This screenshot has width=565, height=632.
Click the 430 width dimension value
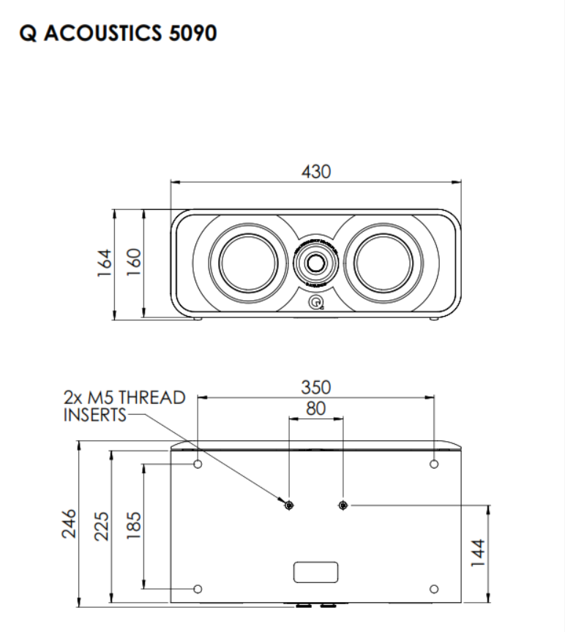(x=316, y=171)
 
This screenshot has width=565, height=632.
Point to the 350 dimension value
(x=316, y=386)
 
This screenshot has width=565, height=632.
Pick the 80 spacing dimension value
(x=315, y=409)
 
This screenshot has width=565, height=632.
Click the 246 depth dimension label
(x=69, y=524)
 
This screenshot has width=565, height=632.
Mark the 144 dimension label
(x=476, y=554)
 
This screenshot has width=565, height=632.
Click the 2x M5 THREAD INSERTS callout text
(x=123, y=407)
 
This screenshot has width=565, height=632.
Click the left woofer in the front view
(x=244, y=262)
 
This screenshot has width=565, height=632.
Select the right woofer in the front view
(x=387, y=262)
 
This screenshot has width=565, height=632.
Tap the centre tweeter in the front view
(x=316, y=261)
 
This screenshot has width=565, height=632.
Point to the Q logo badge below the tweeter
(x=316, y=303)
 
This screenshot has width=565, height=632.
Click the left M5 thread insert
(x=289, y=505)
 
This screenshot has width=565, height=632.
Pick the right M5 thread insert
(x=343, y=505)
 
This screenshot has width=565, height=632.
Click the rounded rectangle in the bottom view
(x=315, y=571)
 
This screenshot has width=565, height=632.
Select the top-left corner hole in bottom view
(x=198, y=464)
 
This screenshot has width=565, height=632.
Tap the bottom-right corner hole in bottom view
(x=433, y=589)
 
